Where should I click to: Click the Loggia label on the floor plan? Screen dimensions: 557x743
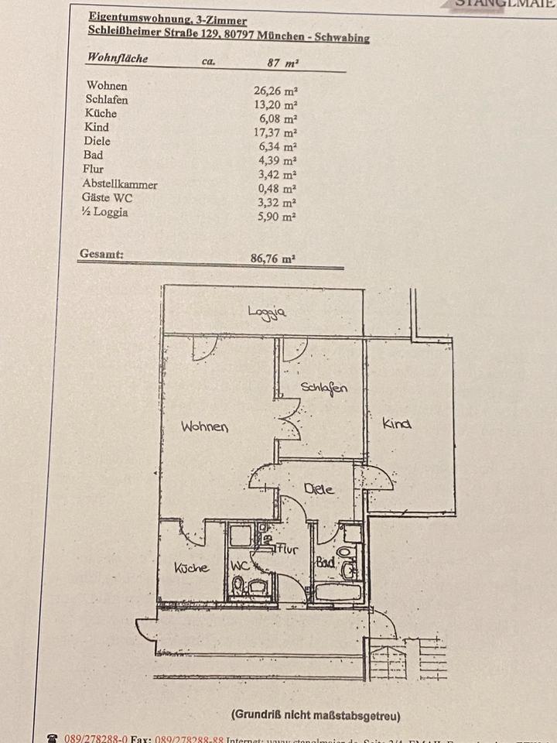(x=268, y=312)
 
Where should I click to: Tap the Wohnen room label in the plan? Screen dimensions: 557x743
(x=204, y=426)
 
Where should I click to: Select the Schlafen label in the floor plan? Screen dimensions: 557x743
(x=324, y=388)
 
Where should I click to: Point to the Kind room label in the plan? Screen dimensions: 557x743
(x=397, y=423)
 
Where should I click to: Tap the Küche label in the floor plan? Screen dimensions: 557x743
(x=191, y=567)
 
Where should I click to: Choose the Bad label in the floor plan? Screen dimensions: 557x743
(x=325, y=563)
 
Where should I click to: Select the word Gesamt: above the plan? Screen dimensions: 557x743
(x=101, y=253)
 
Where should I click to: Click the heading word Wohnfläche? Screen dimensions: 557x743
(x=118, y=58)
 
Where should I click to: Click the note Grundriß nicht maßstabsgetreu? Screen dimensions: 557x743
(x=315, y=715)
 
